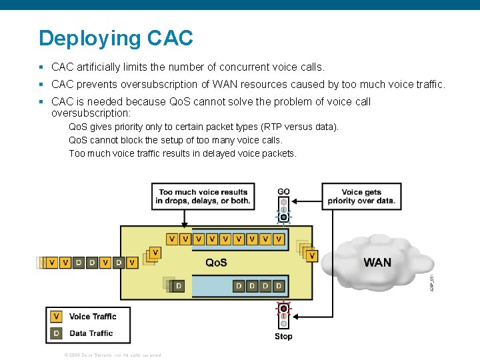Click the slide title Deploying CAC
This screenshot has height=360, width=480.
click(116, 38)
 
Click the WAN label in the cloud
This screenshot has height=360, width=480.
click(377, 263)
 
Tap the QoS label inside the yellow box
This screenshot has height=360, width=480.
click(216, 263)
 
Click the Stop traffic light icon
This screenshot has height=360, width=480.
click(283, 315)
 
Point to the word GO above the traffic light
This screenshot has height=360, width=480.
click(283, 192)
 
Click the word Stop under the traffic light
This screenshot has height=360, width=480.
click(283, 336)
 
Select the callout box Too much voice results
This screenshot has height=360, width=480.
click(203, 196)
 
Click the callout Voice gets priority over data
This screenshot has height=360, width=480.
click(361, 196)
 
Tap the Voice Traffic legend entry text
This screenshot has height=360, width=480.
click(93, 317)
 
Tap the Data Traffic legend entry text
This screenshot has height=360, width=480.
click(91, 333)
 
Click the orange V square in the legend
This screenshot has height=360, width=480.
click(57, 317)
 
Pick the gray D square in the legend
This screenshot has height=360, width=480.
click(57, 333)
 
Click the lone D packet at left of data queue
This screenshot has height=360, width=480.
click(177, 286)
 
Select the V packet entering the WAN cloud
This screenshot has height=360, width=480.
click(312, 255)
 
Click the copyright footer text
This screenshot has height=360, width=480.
click(112, 355)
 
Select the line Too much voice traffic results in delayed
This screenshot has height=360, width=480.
click(183, 153)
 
